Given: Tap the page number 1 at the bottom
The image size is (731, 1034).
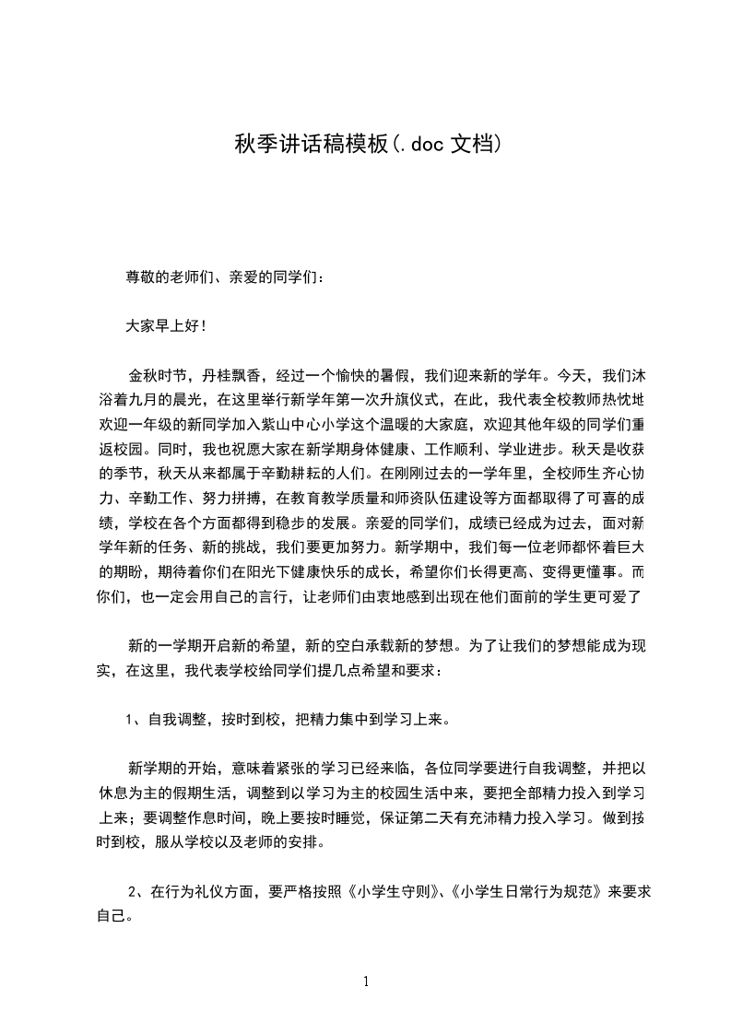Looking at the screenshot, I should click(x=366, y=981).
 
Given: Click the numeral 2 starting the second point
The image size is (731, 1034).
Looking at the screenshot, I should click(x=135, y=891).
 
